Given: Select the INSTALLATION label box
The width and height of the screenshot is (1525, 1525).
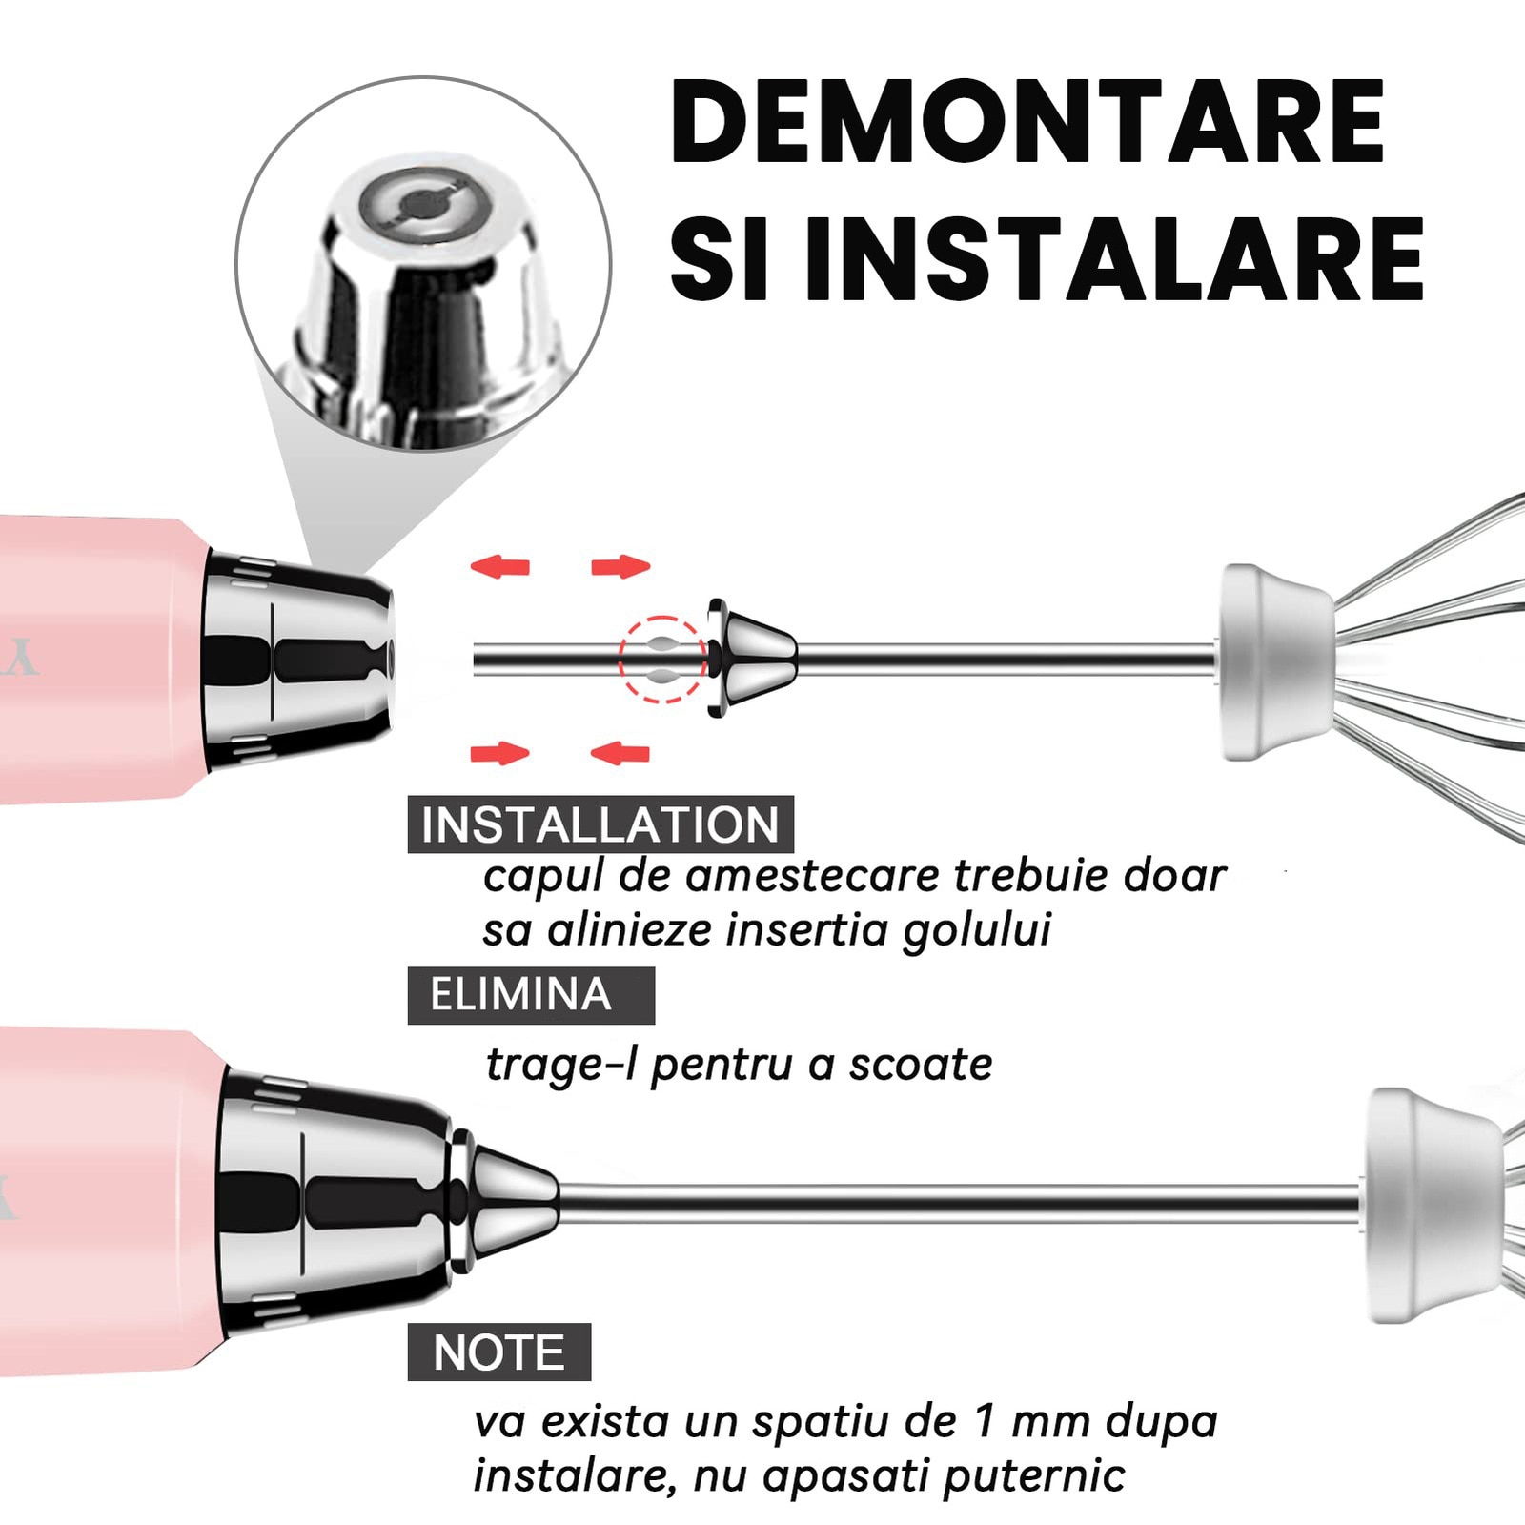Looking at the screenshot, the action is pos(600,824).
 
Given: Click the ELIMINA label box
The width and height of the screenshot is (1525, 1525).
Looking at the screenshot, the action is pos(531,995).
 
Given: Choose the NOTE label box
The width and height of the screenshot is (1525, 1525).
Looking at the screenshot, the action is pos(499,1352).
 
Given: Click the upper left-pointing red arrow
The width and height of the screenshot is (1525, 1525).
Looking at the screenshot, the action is pos(499,567).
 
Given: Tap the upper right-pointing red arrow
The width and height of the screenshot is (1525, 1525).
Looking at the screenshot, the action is pos(620,567).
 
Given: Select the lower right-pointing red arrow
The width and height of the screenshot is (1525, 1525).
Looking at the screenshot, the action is pos(499,754).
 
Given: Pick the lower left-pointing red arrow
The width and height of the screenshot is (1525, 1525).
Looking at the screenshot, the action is pos(620,754).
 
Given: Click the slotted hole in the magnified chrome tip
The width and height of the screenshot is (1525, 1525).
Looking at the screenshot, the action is pos(418,204).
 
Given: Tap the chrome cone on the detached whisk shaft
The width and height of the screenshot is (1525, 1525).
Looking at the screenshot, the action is pos(750,659).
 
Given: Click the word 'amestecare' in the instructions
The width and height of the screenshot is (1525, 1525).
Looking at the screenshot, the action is pos(813,876).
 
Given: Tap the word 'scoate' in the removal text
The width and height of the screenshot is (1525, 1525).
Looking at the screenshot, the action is pos(921,1064).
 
